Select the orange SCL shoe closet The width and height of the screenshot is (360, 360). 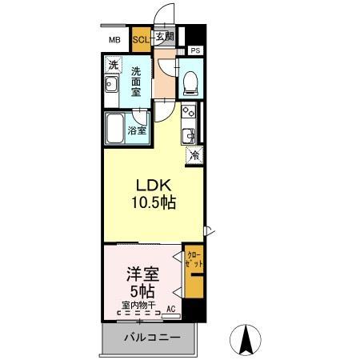click(x=140, y=38)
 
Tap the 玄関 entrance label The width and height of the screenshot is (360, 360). click(x=165, y=37)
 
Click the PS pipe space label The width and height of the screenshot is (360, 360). click(x=195, y=50)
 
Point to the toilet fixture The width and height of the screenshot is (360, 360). click(x=190, y=80)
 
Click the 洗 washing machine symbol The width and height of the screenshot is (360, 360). click(x=114, y=64)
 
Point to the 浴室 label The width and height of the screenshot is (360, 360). click(x=138, y=130)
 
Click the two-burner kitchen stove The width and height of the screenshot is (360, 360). click(x=189, y=112)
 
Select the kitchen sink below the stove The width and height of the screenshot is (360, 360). click(x=190, y=134)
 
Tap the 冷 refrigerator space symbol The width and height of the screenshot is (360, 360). click(x=194, y=156)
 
